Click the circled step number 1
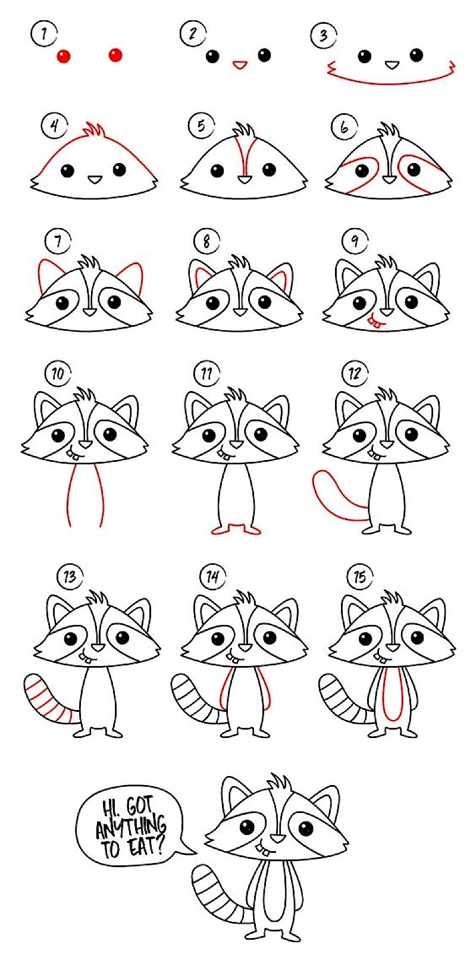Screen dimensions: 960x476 (x=43, y=33)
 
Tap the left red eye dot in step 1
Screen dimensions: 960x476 (x=64, y=57)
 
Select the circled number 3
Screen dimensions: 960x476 (x=322, y=36)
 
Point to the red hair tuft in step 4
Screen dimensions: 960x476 (x=94, y=130)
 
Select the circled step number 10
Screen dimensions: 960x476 (x=57, y=374)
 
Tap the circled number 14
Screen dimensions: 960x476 (x=212, y=576)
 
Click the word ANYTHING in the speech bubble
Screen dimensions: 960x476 (x=131, y=826)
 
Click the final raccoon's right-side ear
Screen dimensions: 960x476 (x=326, y=800)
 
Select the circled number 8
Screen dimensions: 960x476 (x=206, y=241)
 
